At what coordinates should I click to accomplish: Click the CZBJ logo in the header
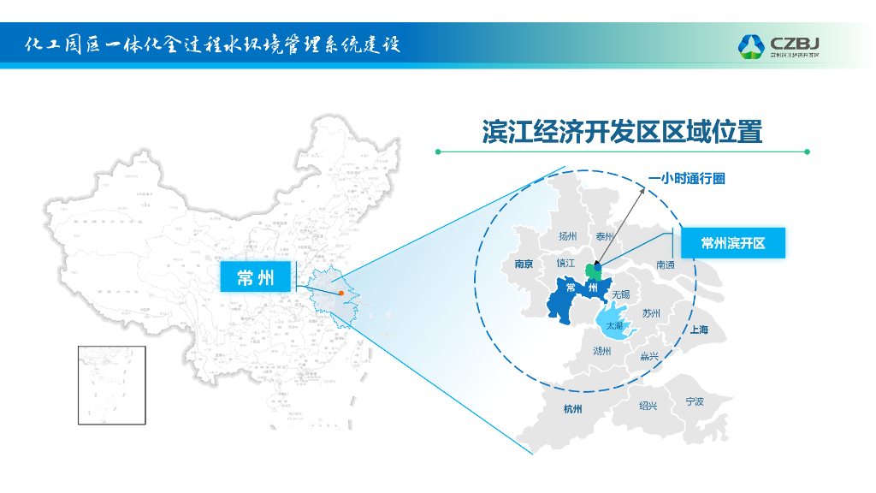click(779, 45)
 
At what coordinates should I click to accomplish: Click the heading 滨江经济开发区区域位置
click(622, 132)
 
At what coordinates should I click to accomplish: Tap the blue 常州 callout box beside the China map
click(257, 276)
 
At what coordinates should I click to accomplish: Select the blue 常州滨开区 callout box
click(732, 243)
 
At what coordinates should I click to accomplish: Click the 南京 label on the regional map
click(524, 264)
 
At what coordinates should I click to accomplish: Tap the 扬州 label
click(568, 236)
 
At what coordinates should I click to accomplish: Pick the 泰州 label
click(606, 236)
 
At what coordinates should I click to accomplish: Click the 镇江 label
click(565, 264)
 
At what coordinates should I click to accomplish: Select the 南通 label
click(666, 265)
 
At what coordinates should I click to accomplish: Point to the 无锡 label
click(621, 294)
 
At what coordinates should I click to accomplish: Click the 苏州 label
click(651, 313)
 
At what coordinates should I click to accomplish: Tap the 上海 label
click(699, 330)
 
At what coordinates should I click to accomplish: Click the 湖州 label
click(602, 351)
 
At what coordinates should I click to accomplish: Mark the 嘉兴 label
click(649, 356)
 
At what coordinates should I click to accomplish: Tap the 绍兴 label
click(648, 406)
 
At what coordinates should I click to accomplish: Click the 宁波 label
click(695, 401)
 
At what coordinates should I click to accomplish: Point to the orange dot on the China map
click(341, 293)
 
